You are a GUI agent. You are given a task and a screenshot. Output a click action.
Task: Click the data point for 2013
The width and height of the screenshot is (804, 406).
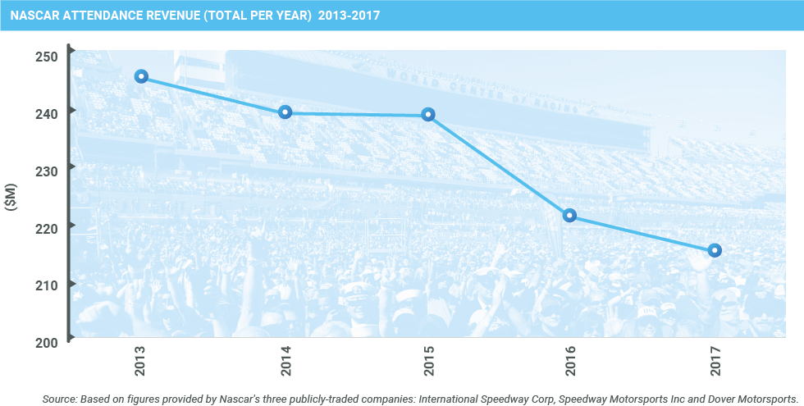coord(141,76)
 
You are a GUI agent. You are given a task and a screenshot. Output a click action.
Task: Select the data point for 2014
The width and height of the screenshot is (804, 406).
coord(285,112)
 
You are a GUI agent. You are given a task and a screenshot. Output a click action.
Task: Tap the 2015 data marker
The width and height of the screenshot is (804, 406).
coord(428,114)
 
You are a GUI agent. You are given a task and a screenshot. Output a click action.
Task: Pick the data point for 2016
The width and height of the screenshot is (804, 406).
coord(569,216)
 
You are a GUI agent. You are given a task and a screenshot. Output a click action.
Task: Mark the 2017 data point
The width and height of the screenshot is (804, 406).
coord(715,250)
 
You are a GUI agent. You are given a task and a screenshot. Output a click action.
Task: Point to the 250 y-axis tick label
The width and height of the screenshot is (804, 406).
coord(46,57)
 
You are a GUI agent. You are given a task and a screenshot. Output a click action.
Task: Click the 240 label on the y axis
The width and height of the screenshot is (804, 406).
coord(46,114)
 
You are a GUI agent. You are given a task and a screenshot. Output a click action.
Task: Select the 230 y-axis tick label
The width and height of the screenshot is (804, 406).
coord(46,171)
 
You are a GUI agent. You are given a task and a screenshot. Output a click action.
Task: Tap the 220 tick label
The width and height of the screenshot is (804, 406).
coord(46,228)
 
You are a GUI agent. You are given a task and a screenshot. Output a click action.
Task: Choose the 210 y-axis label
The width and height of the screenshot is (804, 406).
coord(46,285)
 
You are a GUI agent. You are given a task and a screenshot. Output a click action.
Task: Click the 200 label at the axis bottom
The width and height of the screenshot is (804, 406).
coord(46,342)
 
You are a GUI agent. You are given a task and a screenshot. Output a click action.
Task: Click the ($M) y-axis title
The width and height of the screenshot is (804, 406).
coord(11,198)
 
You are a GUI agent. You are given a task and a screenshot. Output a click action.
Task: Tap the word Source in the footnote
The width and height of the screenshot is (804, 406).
coord(58,399)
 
